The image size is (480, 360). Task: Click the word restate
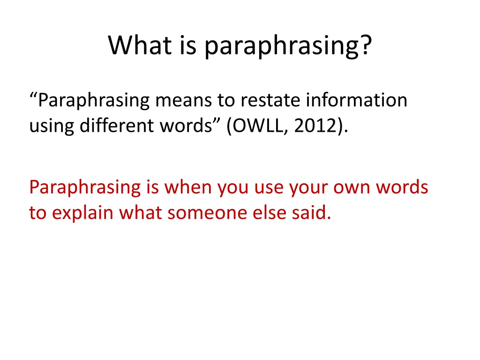click(x=271, y=100)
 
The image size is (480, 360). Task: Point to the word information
click(x=356, y=100)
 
